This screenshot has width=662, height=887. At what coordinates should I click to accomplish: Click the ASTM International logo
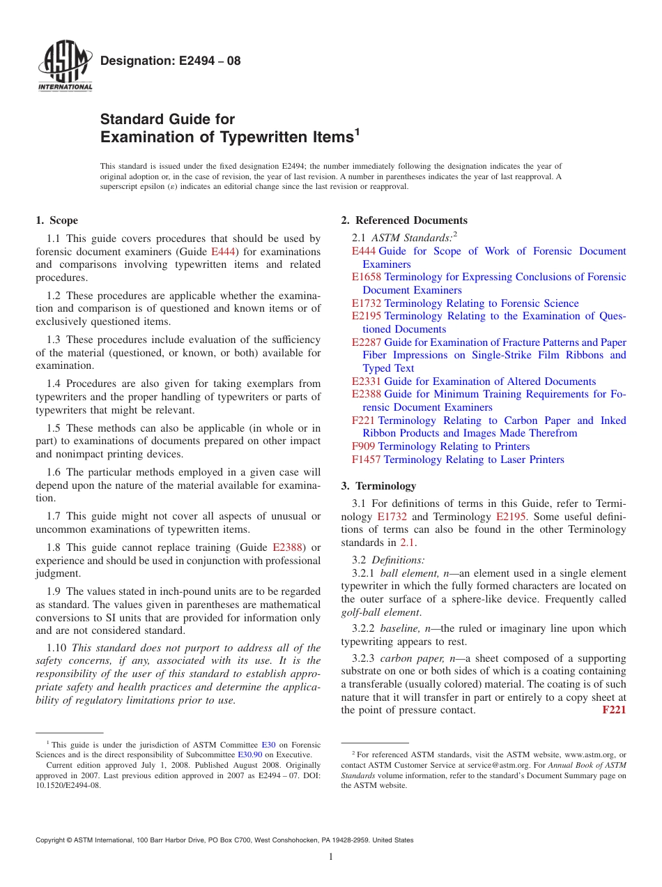[x=64, y=68]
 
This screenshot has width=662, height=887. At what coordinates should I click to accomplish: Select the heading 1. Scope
[x=56, y=220]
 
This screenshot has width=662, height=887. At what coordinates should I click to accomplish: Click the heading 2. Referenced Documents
[x=404, y=220]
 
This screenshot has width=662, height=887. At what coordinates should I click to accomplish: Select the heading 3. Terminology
[x=378, y=486]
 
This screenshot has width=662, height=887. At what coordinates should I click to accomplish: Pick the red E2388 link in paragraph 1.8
[x=286, y=547]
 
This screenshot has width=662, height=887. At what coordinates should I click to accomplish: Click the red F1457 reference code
[x=366, y=460]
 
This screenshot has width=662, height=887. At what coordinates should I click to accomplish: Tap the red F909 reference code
[x=363, y=446]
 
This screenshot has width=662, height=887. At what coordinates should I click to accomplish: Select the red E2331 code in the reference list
[x=367, y=381]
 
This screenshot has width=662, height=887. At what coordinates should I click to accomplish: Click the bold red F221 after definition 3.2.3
[x=613, y=710]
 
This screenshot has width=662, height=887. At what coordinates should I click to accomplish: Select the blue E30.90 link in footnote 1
[x=249, y=755]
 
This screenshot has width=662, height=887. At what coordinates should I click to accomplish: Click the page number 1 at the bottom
[x=331, y=856]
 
